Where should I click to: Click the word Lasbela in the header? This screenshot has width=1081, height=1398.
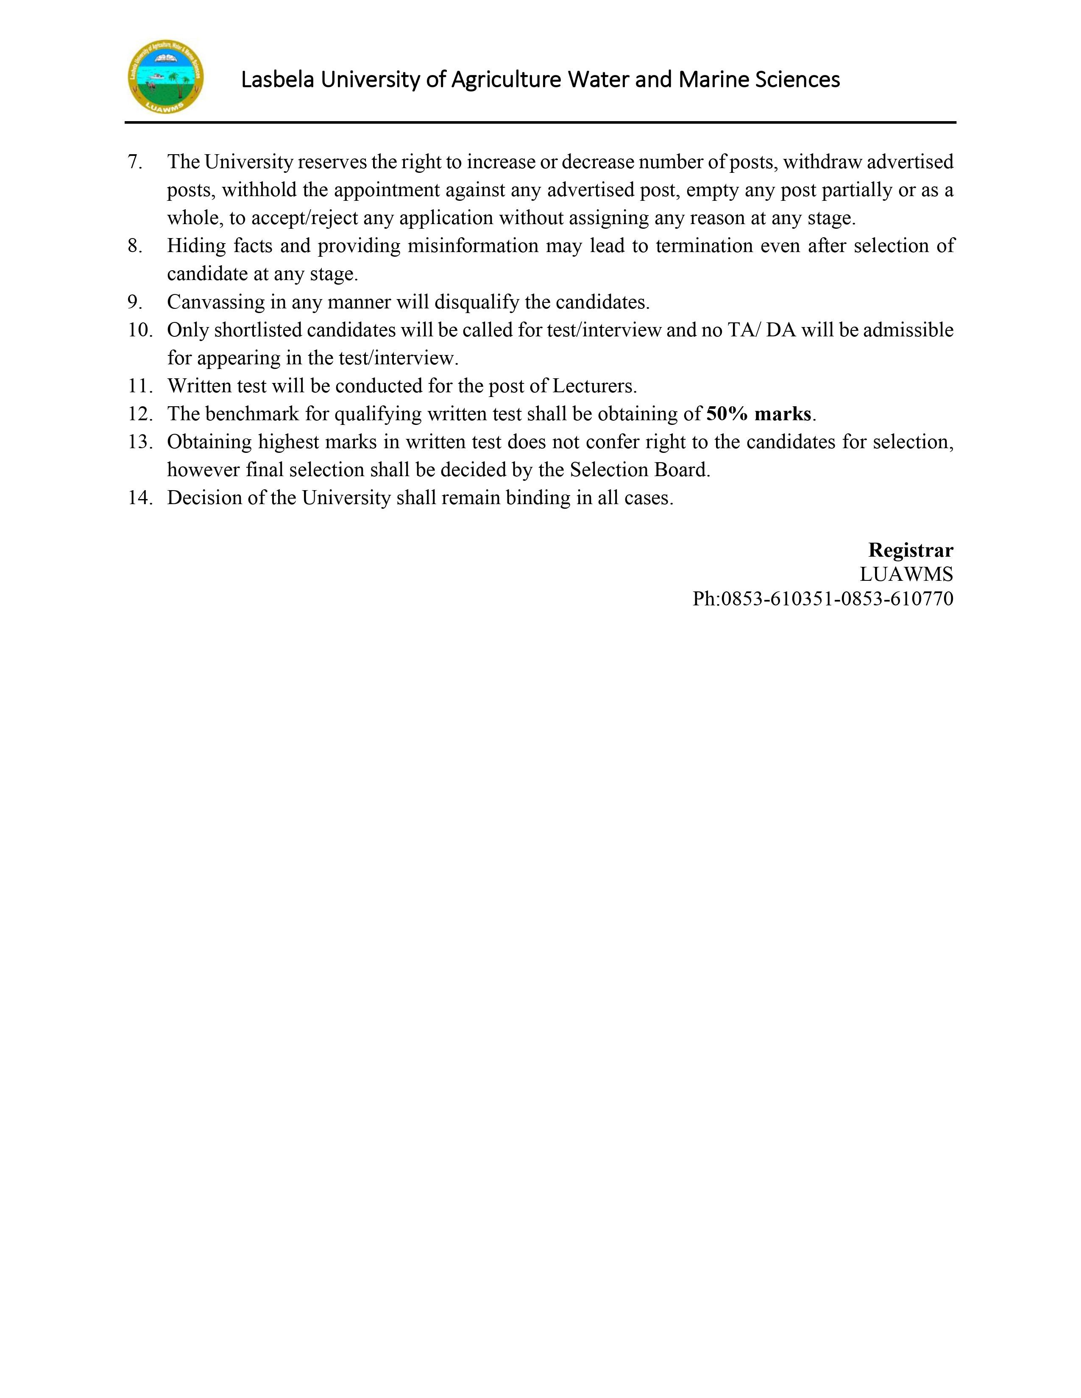pos(277,80)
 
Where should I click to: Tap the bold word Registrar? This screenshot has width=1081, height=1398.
pos(910,550)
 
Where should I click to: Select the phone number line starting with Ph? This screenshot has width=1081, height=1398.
pos(822,599)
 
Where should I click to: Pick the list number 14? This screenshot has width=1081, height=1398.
pos(139,498)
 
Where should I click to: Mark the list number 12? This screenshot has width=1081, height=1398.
pos(139,414)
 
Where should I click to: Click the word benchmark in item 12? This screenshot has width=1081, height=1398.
pos(252,414)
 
